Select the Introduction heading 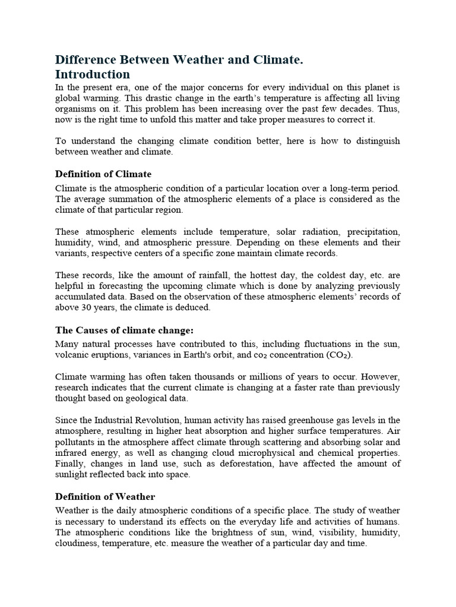pyautogui.click(x=92, y=74)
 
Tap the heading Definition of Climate pyautogui.click(x=103, y=174)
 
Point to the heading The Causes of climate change pyautogui.click(x=125, y=330)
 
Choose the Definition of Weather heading pyautogui.click(x=105, y=496)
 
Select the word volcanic pyautogui.click(x=72, y=354)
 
